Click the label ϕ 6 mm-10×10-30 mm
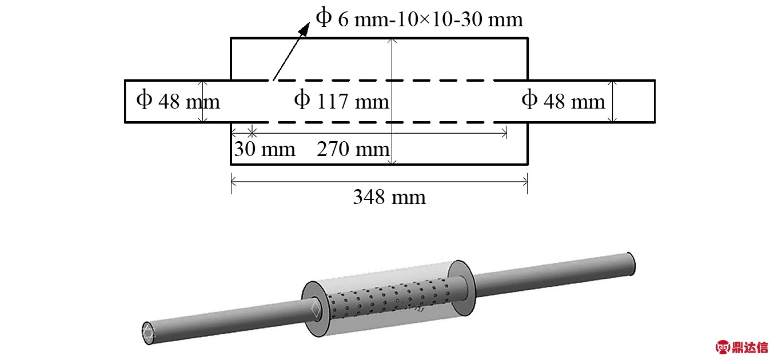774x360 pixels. point(418,19)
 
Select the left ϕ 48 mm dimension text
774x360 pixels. point(178,101)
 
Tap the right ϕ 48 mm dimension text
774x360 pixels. point(563,101)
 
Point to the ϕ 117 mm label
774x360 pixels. point(341,101)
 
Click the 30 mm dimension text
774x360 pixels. point(264,149)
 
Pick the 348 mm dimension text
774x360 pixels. point(389,197)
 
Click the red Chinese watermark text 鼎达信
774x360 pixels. point(751,346)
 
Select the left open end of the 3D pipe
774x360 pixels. point(148,333)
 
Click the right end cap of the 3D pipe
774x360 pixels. point(631,262)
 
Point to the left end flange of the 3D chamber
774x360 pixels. point(313,309)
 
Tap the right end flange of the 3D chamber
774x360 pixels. point(461,279)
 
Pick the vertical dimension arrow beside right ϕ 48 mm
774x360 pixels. point(612,101)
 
